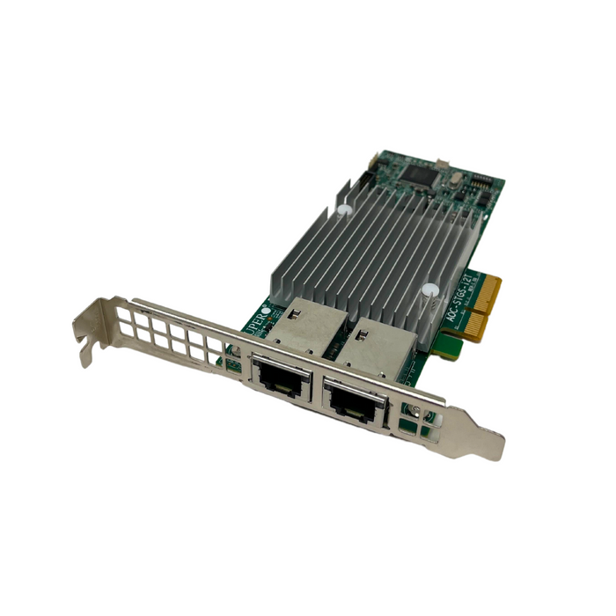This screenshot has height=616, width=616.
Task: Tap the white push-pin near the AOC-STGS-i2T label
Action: click(429, 291)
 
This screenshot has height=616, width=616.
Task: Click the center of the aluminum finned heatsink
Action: click(370, 255)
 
